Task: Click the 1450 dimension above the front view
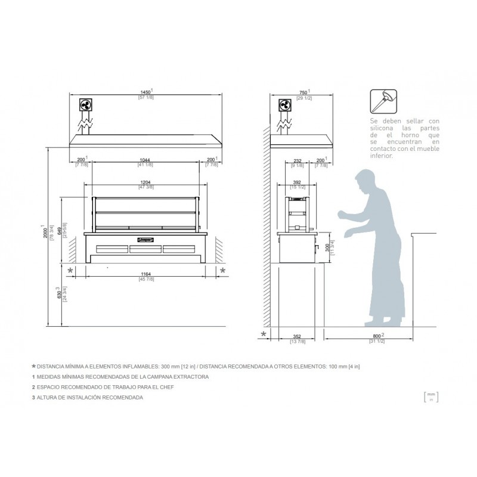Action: click(x=145, y=92)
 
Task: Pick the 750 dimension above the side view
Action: click(x=302, y=92)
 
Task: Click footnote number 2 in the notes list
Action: click(x=33, y=387)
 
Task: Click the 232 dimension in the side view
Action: click(x=298, y=160)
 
